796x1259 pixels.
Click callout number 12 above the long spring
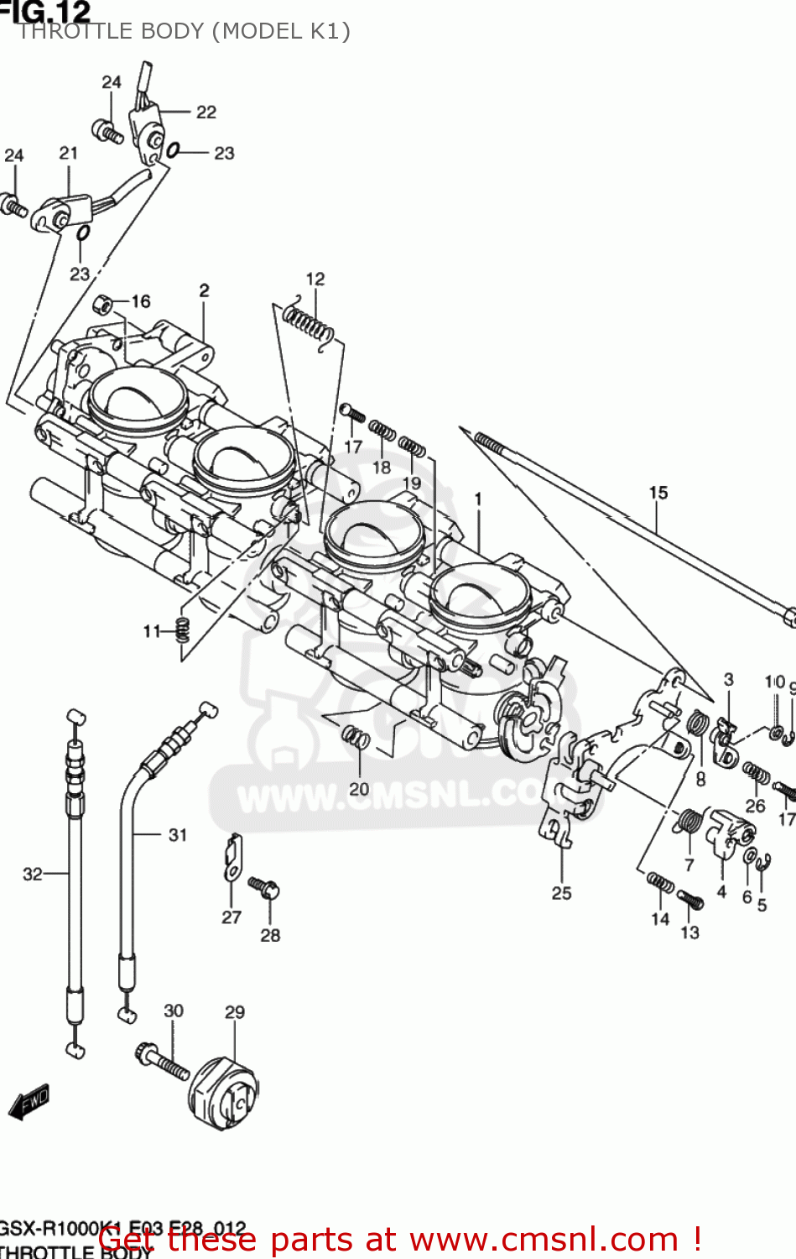point(315,279)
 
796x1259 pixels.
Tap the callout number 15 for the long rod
point(658,493)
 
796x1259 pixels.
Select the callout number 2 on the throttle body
point(205,290)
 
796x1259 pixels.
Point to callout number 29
point(235,1012)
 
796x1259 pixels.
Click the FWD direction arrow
point(29,1102)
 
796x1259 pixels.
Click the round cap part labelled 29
point(224,1095)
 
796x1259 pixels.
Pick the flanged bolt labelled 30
point(162,1061)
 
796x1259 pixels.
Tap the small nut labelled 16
point(103,303)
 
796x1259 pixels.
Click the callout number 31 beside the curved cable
point(178,834)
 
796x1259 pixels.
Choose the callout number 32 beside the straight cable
point(32,874)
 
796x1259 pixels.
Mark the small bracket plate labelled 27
point(233,856)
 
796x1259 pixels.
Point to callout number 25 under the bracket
point(562,893)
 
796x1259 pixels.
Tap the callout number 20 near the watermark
point(359,789)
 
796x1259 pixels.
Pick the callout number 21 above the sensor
point(69,153)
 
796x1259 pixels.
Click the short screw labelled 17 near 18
point(352,413)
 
